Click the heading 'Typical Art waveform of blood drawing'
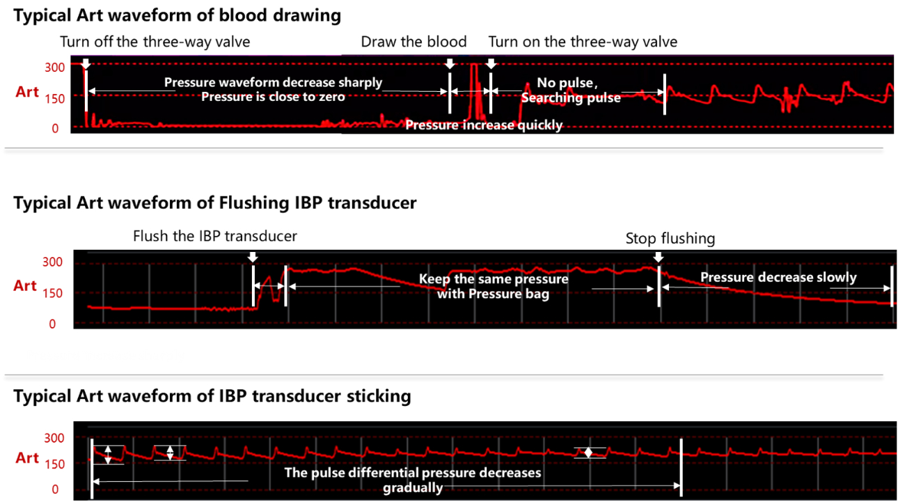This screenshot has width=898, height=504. [x=178, y=15]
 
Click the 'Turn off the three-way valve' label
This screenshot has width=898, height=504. [x=155, y=42]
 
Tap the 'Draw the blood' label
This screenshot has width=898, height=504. [x=413, y=42]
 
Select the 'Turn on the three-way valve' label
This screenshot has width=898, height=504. [x=583, y=42]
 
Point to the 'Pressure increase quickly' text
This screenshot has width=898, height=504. [x=484, y=125]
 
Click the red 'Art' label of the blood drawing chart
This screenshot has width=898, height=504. [x=27, y=92]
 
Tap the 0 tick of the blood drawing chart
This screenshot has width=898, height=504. [x=54, y=129]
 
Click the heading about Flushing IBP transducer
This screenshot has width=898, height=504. [x=214, y=203]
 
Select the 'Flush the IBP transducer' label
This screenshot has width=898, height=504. [x=215, y=236]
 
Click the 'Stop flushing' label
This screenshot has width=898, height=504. [x=670, y=238]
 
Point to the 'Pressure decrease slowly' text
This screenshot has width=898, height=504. [x=778, y=278]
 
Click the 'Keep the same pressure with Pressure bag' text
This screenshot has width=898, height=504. [x=494, y=286]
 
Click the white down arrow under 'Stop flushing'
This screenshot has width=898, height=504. [x=659, y=258]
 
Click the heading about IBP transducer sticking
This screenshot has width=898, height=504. [x=212, y=396]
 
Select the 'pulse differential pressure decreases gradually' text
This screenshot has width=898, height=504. [x=413, y=480]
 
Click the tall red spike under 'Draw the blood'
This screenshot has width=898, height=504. [x=475, y=90]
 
